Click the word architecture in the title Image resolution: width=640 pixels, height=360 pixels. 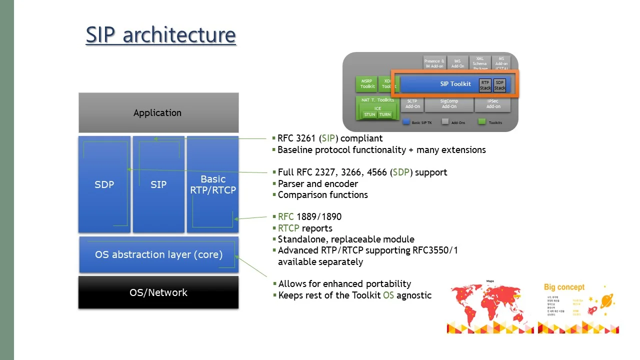[x=179, y=35]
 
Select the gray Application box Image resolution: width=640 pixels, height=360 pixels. [x=158, y=113]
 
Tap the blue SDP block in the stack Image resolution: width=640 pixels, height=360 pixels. [x=104, y=184]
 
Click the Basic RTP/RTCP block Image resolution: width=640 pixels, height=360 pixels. [x=212, y=184]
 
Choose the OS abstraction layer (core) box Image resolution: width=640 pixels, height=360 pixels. [x=158, y=254]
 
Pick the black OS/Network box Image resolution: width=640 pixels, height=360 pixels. [x=158, y=292]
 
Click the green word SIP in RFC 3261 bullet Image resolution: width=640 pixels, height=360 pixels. [x=328, y=138]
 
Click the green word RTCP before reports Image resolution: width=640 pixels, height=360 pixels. [x=288, y=228]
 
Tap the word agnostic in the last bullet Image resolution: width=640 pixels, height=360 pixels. [x=414, y=295]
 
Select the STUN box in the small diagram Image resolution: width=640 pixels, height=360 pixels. [x=369, y=115]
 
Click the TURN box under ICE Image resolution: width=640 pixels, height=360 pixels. [x=384, y=115]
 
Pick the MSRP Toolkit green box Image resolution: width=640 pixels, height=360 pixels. [x=367, y=83]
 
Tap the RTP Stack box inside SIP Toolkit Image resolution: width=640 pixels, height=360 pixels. [x=485, y=85]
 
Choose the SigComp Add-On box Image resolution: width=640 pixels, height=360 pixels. [x=449, y=103]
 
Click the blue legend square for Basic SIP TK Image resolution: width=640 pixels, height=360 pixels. [x=406, y=122]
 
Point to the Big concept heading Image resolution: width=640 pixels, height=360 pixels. [x=564, y=287]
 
